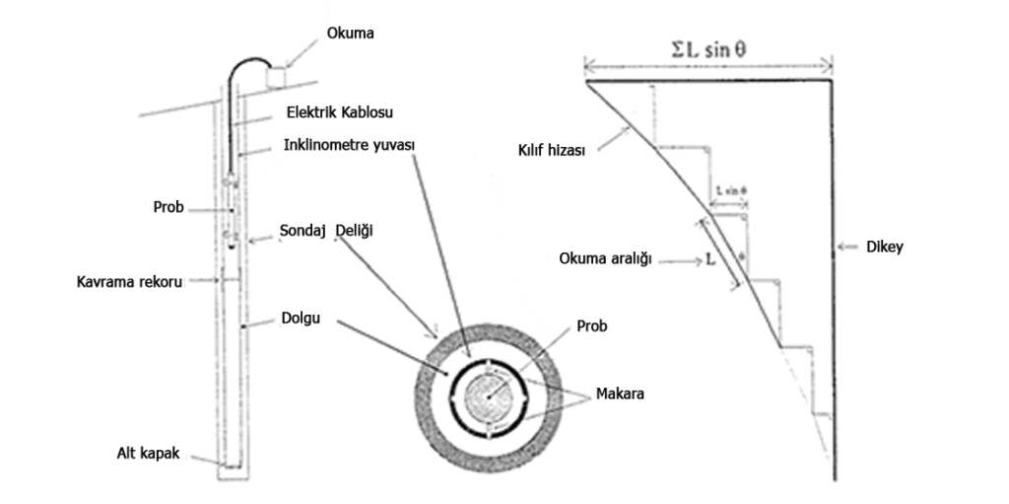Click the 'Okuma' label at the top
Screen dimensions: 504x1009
(x=351, y=35)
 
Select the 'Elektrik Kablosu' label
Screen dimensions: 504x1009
(x=325, y=112)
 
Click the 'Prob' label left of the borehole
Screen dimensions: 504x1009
(x=169, y=208)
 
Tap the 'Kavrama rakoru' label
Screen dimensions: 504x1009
(x=130, y=282)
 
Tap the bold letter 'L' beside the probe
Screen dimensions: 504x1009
(x=710, y=263)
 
